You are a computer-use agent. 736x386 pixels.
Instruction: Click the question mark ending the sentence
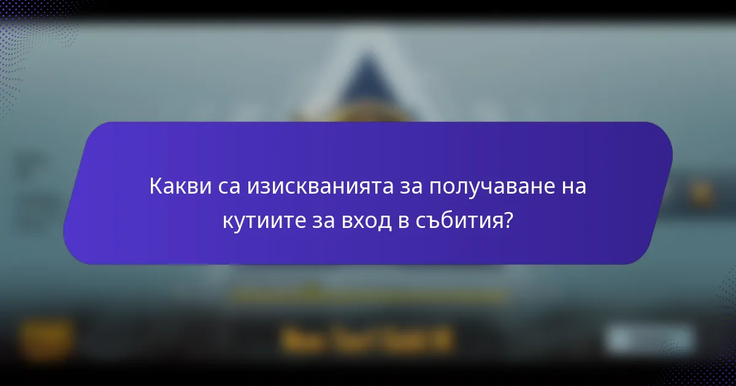tap(508, 221)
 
